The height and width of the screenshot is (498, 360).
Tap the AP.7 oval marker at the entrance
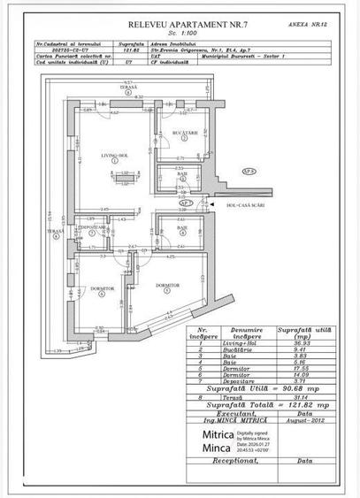[x=211, y=203]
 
